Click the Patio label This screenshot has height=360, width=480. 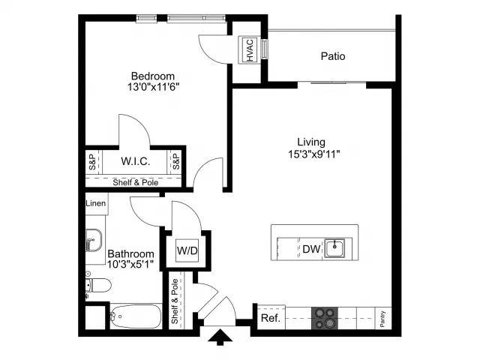(x=333, y=56)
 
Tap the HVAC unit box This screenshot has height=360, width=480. (x=250, y=50)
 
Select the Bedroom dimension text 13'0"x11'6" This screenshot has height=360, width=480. (x=153, y=87)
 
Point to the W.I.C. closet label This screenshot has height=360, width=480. (x=135, y=161)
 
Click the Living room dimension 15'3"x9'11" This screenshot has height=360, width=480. (x=313, y=154)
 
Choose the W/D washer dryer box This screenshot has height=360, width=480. (x=187, y=250)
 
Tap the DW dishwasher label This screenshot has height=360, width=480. (x=311, y=249)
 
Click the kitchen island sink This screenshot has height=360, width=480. (x=334, y=248)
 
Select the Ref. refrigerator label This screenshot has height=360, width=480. (x=271, y=318)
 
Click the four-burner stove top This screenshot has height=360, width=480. (x=325, y=318)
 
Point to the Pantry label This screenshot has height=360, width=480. (x=382, y=319)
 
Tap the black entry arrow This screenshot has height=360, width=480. (x=220, y=337)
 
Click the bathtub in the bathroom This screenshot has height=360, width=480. (x=136, y=316)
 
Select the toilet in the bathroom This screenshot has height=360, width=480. (x=98, y=285)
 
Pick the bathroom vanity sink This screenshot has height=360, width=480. (x=93, y=240)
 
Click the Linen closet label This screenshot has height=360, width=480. (x=96, y=203)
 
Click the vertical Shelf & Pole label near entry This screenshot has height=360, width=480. (x=175, y=301)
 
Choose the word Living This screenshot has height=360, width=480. (x=311, y=142)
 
